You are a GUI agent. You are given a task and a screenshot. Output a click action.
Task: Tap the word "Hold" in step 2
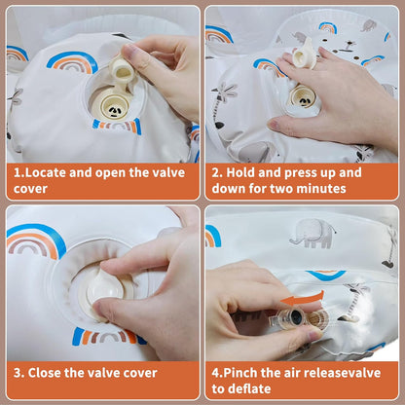click(245, 172)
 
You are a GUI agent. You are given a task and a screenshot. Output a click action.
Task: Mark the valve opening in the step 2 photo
click(303, 95)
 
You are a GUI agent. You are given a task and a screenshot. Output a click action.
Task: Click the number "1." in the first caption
click(18, 172)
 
